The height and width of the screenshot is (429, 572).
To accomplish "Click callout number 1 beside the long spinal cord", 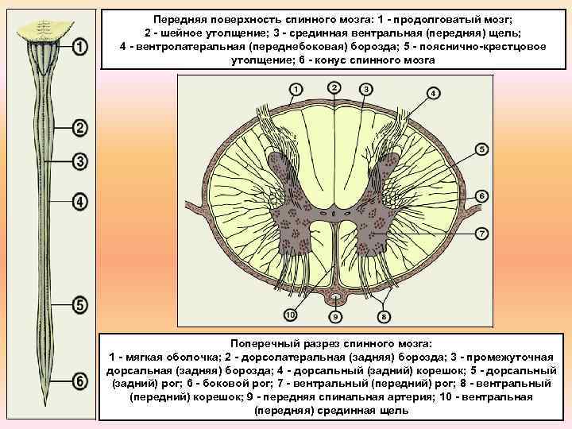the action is pyautogui.click(x=79, y=48).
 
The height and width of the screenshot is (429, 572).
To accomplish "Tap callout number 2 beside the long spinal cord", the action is pyautogui.click(x=79, y=128).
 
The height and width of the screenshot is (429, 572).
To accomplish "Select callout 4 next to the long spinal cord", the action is pyautogui.click(x=79, y=201).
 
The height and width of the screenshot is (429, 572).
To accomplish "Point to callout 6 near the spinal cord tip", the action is pyautogui.click(x=79, y=381).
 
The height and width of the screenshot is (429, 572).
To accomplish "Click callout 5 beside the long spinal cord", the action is pyautogui.click(x=79, y=304).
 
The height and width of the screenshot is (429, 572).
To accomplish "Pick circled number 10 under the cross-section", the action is pyautogui.click(x=290, y=316).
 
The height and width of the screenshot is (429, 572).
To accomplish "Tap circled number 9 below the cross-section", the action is pyautogui.click(x=335, y=317).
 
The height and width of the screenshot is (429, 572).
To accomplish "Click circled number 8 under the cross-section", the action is pyautogui.click(x=384, y=317).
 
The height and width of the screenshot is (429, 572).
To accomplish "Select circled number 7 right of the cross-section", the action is pyautogui.click(x=482, y=233).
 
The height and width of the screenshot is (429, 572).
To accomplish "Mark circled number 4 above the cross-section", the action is pyautogui.click(x=432, y=93).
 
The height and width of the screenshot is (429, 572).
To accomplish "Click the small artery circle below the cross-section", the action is pyautogui.click(x=336, y=300).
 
